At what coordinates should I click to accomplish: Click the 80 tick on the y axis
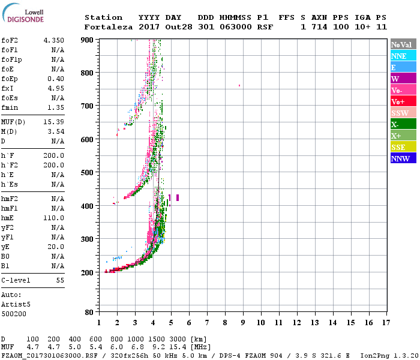point(89,313)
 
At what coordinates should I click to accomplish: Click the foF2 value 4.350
point(53,40)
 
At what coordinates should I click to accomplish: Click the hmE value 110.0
point(53,218)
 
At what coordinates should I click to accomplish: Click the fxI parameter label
point(8,88)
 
